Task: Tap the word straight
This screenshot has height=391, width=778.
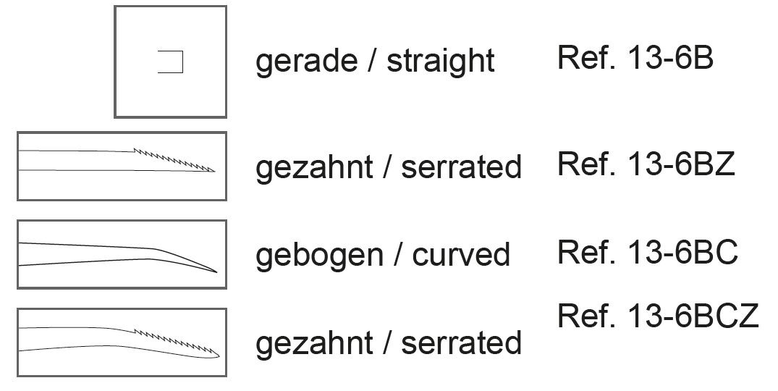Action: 441,62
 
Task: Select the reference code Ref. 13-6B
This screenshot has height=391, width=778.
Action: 635,58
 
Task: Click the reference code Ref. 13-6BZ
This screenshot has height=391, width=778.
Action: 646,164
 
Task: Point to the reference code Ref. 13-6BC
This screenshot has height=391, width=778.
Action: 647,253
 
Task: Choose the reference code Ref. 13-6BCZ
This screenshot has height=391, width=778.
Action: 658,316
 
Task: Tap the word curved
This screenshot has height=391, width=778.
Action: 462,254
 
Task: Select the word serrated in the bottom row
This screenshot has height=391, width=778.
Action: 461,342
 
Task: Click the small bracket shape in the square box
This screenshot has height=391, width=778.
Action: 171,62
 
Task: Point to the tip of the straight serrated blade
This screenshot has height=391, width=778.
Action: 214,172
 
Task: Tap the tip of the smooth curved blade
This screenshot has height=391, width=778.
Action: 216,272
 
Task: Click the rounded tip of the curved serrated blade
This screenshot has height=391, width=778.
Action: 219,354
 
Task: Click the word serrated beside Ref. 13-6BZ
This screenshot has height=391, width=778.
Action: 461,167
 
